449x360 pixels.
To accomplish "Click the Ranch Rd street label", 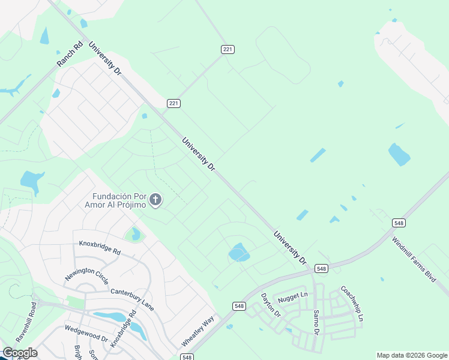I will [x=69, y=53].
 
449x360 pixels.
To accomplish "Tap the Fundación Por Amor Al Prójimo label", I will [x=119, y=200].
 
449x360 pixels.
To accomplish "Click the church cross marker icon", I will [x=155, y=200].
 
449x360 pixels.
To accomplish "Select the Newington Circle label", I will [x=87, y=275].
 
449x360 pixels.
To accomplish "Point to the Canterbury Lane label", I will [x=132, y=299].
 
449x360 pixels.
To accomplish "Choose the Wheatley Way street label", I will [x=198, y=331].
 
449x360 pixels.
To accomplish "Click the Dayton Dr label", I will [x=268, y=304].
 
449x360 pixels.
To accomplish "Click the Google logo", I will [x=20, y=353].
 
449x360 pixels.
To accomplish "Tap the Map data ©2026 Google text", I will [x=412, y=355].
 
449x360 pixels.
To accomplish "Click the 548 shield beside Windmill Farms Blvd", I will [x=399, y=223].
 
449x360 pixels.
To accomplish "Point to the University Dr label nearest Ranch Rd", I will [x=105, y=58].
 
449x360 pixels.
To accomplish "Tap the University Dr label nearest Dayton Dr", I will [x=290, y=248].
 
